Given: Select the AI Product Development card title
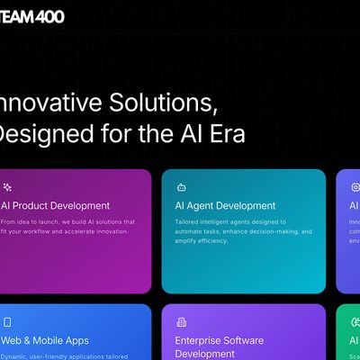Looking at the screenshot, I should click(55, 205).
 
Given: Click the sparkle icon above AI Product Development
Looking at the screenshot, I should click(6, 187).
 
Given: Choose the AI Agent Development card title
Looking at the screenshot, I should click(225, 205).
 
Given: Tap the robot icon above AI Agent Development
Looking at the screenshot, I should click(181, 187).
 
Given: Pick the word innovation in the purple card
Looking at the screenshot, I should click(110, 231).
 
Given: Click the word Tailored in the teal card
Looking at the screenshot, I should click(189, 221).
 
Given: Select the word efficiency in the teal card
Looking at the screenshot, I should click(212, 241).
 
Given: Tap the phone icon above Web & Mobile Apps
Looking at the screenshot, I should click(7, 321).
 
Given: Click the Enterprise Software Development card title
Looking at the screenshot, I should click(219, 347).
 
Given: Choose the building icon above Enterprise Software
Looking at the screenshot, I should click(181, 321).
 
